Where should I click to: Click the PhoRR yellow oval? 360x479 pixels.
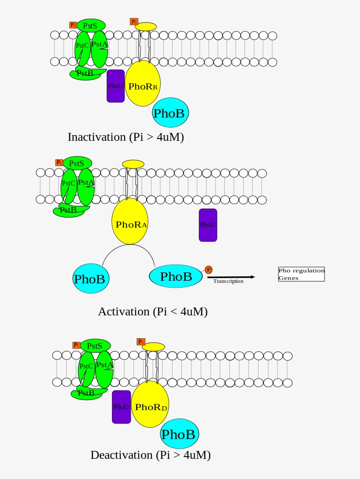coord(143,83)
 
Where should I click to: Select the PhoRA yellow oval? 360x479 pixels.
coord(130,222)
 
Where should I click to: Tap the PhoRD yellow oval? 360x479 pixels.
coord(150,404)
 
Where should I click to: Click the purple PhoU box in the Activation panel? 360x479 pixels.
coord(208,225)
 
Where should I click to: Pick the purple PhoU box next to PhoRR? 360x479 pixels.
coord(115,86)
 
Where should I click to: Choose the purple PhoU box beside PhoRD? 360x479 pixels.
coord(121,407)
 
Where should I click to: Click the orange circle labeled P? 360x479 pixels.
coord(209,270)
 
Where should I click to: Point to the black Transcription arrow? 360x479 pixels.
coord(230,277)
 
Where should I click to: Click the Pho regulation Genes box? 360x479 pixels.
coord(301,274)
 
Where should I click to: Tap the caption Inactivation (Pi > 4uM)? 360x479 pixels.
coord(126,137)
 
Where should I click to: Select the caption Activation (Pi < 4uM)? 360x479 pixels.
coord(152,312)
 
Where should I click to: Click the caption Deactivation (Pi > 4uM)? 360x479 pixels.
coord(151,455)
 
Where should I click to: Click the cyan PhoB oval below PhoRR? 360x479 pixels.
coord(170,113)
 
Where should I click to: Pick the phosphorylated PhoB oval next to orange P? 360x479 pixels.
coord(176,276)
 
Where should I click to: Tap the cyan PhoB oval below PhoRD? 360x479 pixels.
coord(179,434)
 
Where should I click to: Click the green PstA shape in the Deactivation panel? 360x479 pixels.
coord(105,369)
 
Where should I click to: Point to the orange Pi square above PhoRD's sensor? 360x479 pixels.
coord(140,342)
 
